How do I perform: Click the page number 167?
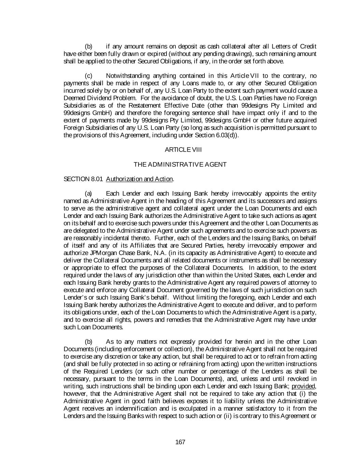tap(180, 442)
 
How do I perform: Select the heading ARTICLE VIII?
tap(180, 150)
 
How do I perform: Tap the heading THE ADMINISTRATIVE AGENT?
tap(180, 165)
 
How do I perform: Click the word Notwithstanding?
tap(128, 76)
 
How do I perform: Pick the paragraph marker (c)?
tap(88, 76)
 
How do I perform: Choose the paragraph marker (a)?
tap(88, 194)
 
